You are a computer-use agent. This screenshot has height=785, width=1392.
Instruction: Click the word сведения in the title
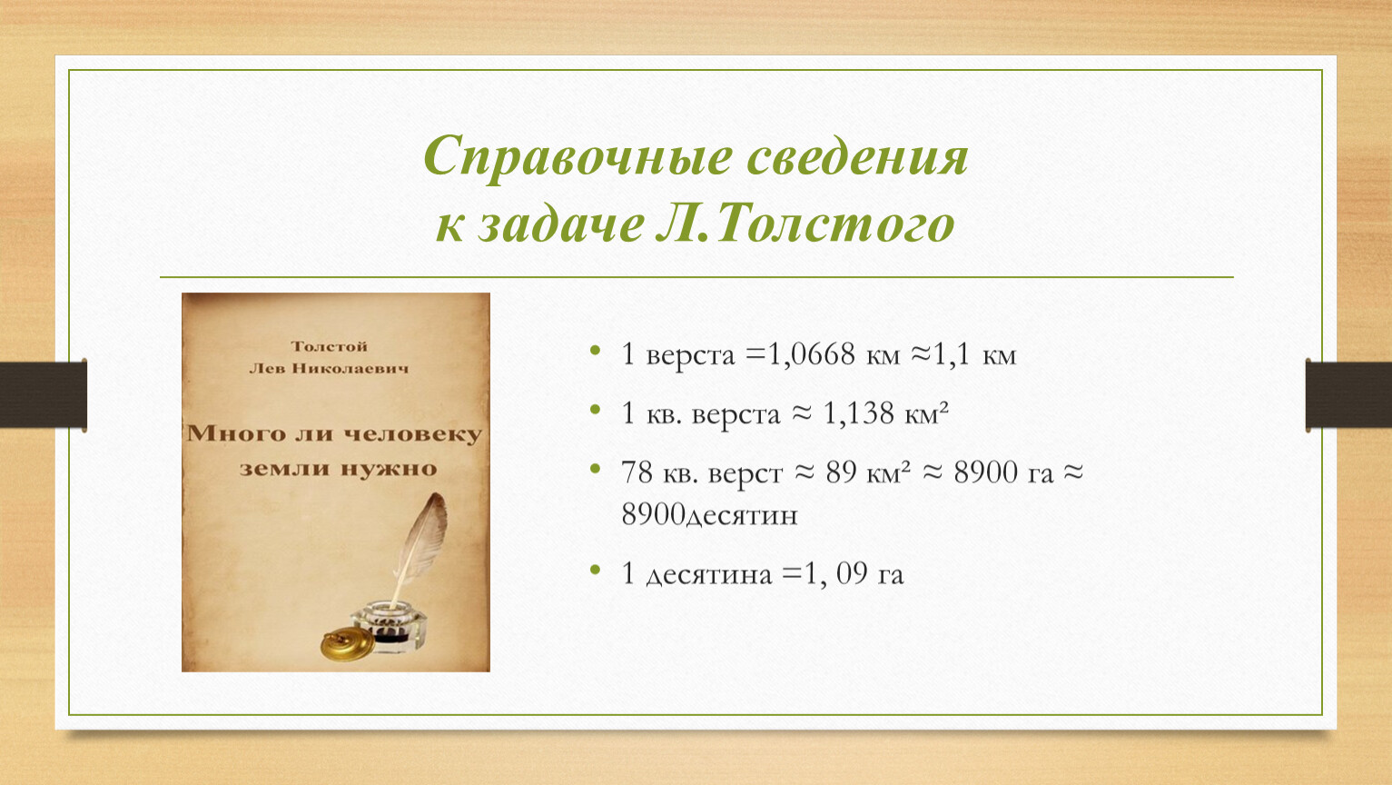[857, 156]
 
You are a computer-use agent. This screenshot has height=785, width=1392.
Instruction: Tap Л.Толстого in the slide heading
[805, 223]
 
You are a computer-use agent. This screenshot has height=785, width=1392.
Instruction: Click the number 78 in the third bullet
[637, 472]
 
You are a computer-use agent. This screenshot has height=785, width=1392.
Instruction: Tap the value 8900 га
[1003, 472]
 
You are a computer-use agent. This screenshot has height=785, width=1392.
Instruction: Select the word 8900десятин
[709, 515]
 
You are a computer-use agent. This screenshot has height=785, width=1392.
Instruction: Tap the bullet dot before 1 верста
[596, 351]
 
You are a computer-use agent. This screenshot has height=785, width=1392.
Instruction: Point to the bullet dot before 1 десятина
[596, 569]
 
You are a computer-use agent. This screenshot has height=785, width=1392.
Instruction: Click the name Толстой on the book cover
[330, 346]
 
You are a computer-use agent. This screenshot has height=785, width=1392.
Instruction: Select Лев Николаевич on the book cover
[329, 369]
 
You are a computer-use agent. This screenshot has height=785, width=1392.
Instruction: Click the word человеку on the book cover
[412, 433]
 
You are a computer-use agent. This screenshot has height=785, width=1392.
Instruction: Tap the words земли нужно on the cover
[339, 469]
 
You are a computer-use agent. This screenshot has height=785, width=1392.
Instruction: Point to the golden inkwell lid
[348, 645]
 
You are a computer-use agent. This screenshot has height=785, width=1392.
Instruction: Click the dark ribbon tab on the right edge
[1348, 395]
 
